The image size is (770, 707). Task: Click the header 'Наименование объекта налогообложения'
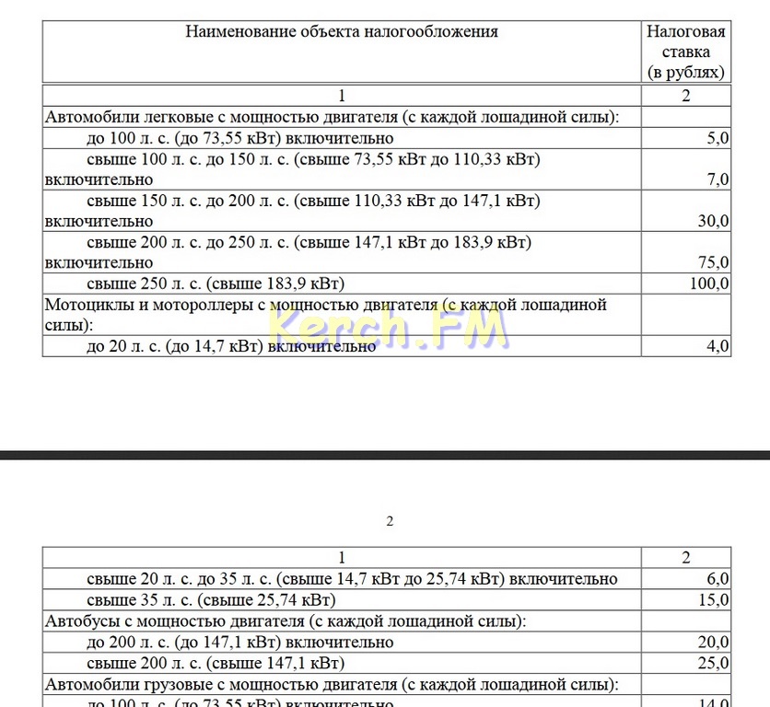tap(342, 31)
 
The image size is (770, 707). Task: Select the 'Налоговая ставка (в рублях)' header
tap(685, 52)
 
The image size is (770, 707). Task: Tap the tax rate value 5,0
tap(717, 138)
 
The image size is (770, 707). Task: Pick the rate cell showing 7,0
tap(717, 180)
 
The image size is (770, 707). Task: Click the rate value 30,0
tap(714, 221)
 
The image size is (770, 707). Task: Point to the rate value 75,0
tap(714, 262)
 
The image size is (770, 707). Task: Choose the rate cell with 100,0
tap(709, 284)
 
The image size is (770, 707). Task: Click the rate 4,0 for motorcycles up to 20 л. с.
tap(717, 346)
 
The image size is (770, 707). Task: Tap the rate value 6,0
tap(717, 579)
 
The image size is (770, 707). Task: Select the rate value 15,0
tap(714, 600)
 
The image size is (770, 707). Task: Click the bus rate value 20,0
tap(714, 643)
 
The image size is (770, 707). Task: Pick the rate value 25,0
tap(714, 663)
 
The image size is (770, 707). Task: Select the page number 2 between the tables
tap(390, 521)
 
